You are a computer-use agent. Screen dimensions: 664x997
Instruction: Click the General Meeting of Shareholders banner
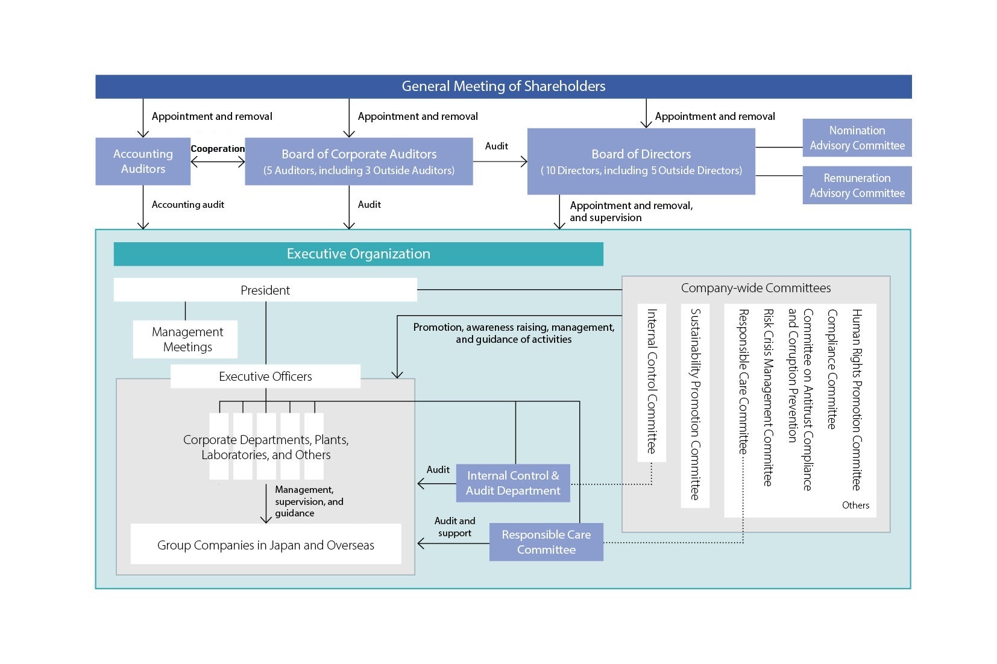(503, 86)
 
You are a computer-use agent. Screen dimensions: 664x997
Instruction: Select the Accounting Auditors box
(143, 161)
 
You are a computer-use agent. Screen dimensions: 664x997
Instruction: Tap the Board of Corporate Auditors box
(359, 161)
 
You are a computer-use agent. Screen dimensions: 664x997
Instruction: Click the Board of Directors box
(641, 161)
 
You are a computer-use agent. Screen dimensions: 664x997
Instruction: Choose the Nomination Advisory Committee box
(857, 138)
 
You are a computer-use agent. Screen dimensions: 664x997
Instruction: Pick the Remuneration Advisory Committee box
(857, 186)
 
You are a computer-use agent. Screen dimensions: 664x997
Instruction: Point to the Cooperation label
(218, 149)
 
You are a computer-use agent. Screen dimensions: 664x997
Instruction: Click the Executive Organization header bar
(358, 254)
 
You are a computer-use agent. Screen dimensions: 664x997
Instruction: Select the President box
(265, 290)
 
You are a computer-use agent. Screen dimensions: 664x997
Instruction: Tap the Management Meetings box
(187, 339)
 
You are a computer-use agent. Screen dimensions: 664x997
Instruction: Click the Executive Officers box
(265, 377)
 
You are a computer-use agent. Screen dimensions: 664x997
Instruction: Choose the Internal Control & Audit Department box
(513, 483)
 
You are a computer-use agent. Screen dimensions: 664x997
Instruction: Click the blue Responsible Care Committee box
(546, 542)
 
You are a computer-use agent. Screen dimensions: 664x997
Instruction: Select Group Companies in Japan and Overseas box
(265, 545)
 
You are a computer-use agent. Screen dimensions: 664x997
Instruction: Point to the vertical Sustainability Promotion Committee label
(695, 404)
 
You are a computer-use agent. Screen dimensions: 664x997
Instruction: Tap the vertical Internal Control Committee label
(652, 381)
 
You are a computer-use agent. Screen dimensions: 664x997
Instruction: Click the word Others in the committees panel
(855, 506)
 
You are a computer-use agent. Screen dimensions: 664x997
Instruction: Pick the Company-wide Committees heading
(755, 288)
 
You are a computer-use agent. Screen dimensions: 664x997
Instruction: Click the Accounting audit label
(187, 205)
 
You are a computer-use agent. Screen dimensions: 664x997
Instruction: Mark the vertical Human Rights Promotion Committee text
(857, 399)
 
